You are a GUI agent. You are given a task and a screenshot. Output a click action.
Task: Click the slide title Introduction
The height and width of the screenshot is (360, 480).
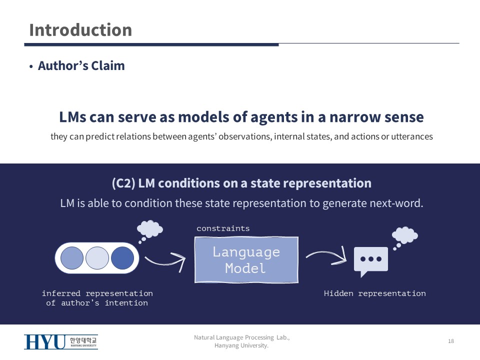pyautogui.click(x=80, y=30)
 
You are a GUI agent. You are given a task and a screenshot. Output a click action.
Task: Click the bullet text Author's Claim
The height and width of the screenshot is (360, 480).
pyautogui.click(x=81, y=66)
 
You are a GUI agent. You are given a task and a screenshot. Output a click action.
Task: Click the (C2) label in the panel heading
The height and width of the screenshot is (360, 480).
pyautogui.click(x=123, y=183)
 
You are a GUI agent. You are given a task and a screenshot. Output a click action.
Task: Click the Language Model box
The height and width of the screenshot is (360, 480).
pyautogui.click(x=246, y=259)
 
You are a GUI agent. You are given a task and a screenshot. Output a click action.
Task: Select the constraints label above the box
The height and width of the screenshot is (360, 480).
pyautogui.click(x=223, y=228)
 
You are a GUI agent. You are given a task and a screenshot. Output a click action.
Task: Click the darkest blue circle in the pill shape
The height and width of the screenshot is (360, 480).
pyautogui.click(x=122, y=258)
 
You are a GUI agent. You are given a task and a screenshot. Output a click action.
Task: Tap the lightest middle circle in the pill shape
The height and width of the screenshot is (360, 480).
pyautogui.click(x=97, y=258)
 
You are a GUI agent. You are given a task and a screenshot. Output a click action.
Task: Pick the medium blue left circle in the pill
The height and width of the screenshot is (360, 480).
pyautogui.click(x=72, y=258)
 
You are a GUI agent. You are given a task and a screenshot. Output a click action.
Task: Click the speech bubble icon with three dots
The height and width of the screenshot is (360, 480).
pyautogui.click(x=370, y=260)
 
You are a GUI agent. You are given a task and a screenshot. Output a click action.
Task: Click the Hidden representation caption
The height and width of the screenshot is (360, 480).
pyautogui.click(x=374, y=293)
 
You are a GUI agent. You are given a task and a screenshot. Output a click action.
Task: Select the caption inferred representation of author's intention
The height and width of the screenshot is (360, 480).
pyautogui.click(x=97, y=298)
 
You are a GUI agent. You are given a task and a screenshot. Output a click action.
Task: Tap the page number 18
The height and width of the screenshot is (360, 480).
pyautogui.click(x=451, y=341)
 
